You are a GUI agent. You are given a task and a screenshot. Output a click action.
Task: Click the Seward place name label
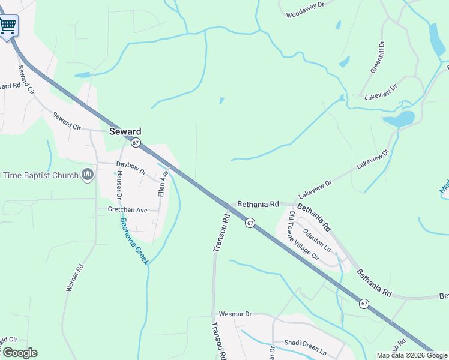click(x=125, y=131)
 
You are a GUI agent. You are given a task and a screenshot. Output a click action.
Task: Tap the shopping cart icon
click(x=8, y=26)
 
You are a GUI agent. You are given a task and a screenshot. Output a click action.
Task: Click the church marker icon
click(x=88, y=175)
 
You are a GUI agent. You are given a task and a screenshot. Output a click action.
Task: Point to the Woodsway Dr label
click(x=305, y=10)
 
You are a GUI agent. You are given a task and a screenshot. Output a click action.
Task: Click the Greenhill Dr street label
click(x=377, y=57)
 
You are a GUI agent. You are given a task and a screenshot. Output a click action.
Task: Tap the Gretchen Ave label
click(x=127, y=210)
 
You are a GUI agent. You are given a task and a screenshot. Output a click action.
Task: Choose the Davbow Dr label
click(x=131, y=167)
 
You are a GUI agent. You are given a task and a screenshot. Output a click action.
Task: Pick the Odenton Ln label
click(x=317, y=239)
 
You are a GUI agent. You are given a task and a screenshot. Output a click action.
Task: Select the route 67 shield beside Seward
click(x=136, y=143)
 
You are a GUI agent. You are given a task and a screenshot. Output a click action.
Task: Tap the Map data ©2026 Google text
click(x=411, y=355)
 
